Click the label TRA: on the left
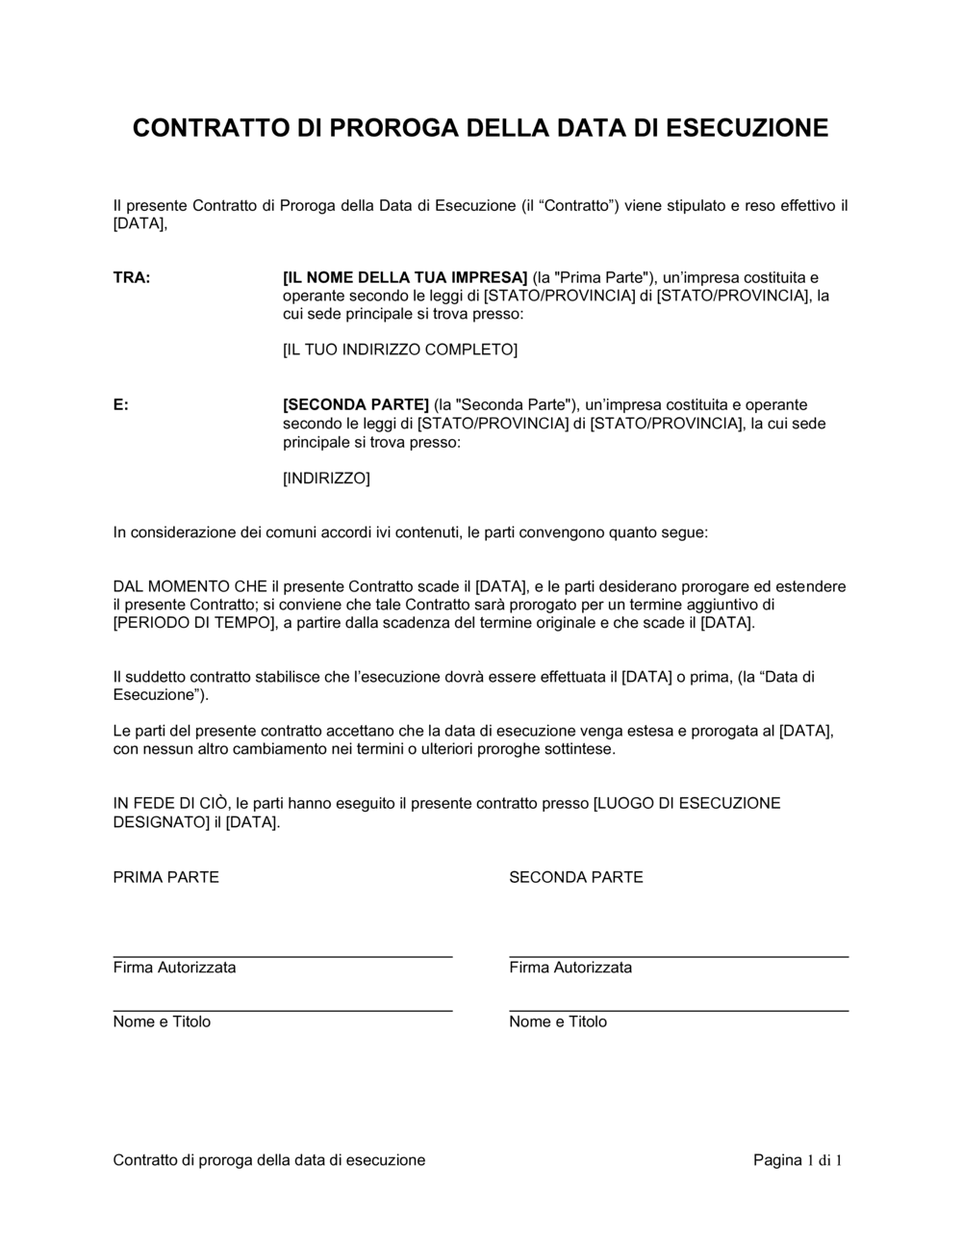click(x=132, y=277)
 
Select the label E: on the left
click(x=121, y=404)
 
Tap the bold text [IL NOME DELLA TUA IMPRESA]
click(x=405, y=277)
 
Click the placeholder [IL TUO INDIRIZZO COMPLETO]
click(x=400, y=349)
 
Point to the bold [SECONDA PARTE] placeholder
click(x=356, y=404)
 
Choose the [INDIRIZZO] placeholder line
click(x=326, y=478)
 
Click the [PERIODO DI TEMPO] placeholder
click(x=188, y=623)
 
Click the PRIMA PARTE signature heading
click(x=166, y=877)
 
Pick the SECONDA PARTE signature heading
click(x=576, y=877)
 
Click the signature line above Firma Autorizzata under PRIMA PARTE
click(x=283, y=956)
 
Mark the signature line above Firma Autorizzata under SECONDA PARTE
click(x=678, y=956)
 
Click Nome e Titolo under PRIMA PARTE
click(x=162, y=1022)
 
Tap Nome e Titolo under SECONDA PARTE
click(x=558, y=1022)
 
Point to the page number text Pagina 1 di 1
click(x=797, y=1160)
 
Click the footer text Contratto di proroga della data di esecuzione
click(x=269, y=1160)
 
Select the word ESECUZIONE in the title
click(x=747, y=128)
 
